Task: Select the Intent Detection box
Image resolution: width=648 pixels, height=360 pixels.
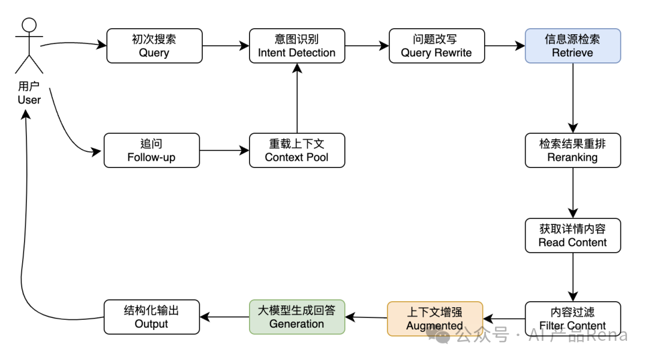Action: pos(296,46)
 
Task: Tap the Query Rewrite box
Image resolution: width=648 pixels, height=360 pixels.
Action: pos(436,46)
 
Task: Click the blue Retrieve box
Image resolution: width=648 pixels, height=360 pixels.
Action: pos(572,46)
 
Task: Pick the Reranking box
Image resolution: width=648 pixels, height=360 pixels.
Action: pos(572,151)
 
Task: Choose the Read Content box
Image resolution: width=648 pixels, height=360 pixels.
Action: pos(572,235)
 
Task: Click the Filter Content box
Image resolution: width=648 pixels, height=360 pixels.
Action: pos(572,318)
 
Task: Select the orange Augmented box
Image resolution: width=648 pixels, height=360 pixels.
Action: pos(434,319)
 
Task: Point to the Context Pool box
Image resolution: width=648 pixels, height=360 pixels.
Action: pos(296,151)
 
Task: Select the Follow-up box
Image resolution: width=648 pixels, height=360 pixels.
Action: pos(151,151)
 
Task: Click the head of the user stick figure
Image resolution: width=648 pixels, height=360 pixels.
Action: pos(29,25)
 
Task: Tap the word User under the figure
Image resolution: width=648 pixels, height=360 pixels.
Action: pos(29,100)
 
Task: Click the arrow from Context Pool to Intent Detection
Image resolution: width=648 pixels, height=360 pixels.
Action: pos(296,99)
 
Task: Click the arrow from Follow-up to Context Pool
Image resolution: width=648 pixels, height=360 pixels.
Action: pos(224,151)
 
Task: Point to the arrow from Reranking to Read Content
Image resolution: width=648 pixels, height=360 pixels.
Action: pos(572,193)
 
